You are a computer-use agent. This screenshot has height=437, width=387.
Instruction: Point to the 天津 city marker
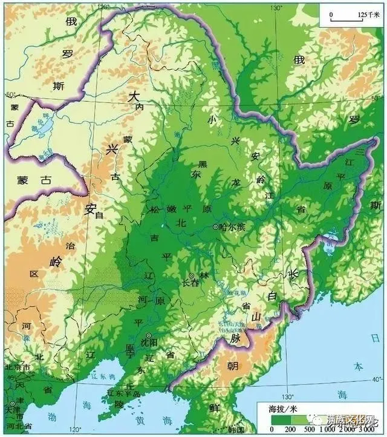coord(12,404)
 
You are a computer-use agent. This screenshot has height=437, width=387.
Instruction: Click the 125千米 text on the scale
coord(363,14)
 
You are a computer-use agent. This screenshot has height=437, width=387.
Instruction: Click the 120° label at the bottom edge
coord(75,430)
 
